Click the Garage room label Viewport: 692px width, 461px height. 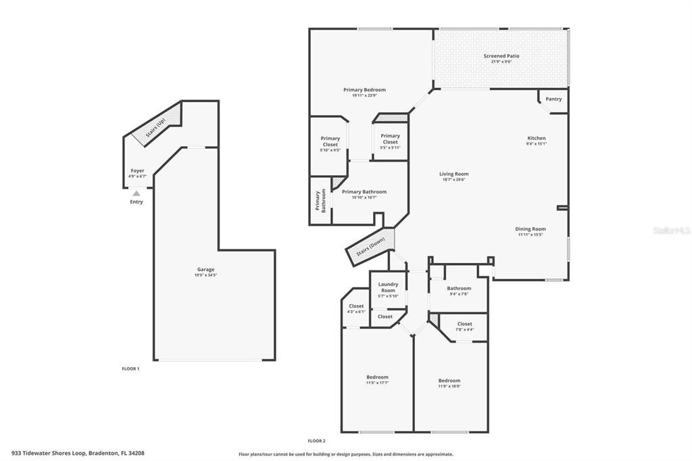(205, 269)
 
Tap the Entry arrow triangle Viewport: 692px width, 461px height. (137, 193)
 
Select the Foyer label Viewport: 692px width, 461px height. (137, 171)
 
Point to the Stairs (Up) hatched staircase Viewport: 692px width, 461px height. (157, 126)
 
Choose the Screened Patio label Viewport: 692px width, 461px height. (501, 56)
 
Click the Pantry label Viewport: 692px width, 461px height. (553, 99)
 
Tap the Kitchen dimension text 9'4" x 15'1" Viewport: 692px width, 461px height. (536, 143)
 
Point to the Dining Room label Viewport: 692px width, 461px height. (531, 229)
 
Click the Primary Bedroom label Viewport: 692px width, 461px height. (364, 90)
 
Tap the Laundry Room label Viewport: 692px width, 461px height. (388, 287)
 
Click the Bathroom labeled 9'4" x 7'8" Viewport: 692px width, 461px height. (459, 289)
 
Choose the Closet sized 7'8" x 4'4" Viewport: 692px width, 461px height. (464, 324)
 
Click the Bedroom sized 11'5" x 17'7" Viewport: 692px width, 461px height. (377, 377)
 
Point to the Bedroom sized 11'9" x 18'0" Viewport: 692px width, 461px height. (449, 381)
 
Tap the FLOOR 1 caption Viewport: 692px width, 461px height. (130, 368)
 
